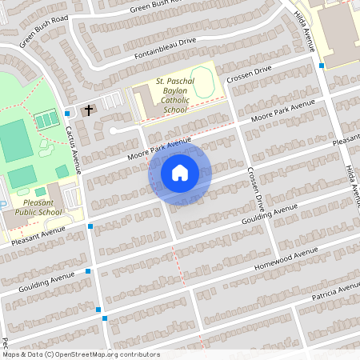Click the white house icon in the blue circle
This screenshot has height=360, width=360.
(180, 172)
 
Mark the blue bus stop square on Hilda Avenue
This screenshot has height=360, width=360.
(322, 66)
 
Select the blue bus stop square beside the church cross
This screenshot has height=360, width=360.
(66, 114)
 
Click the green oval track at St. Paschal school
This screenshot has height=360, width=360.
(203, 82)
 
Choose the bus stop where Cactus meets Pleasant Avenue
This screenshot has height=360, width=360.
(90, 227)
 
